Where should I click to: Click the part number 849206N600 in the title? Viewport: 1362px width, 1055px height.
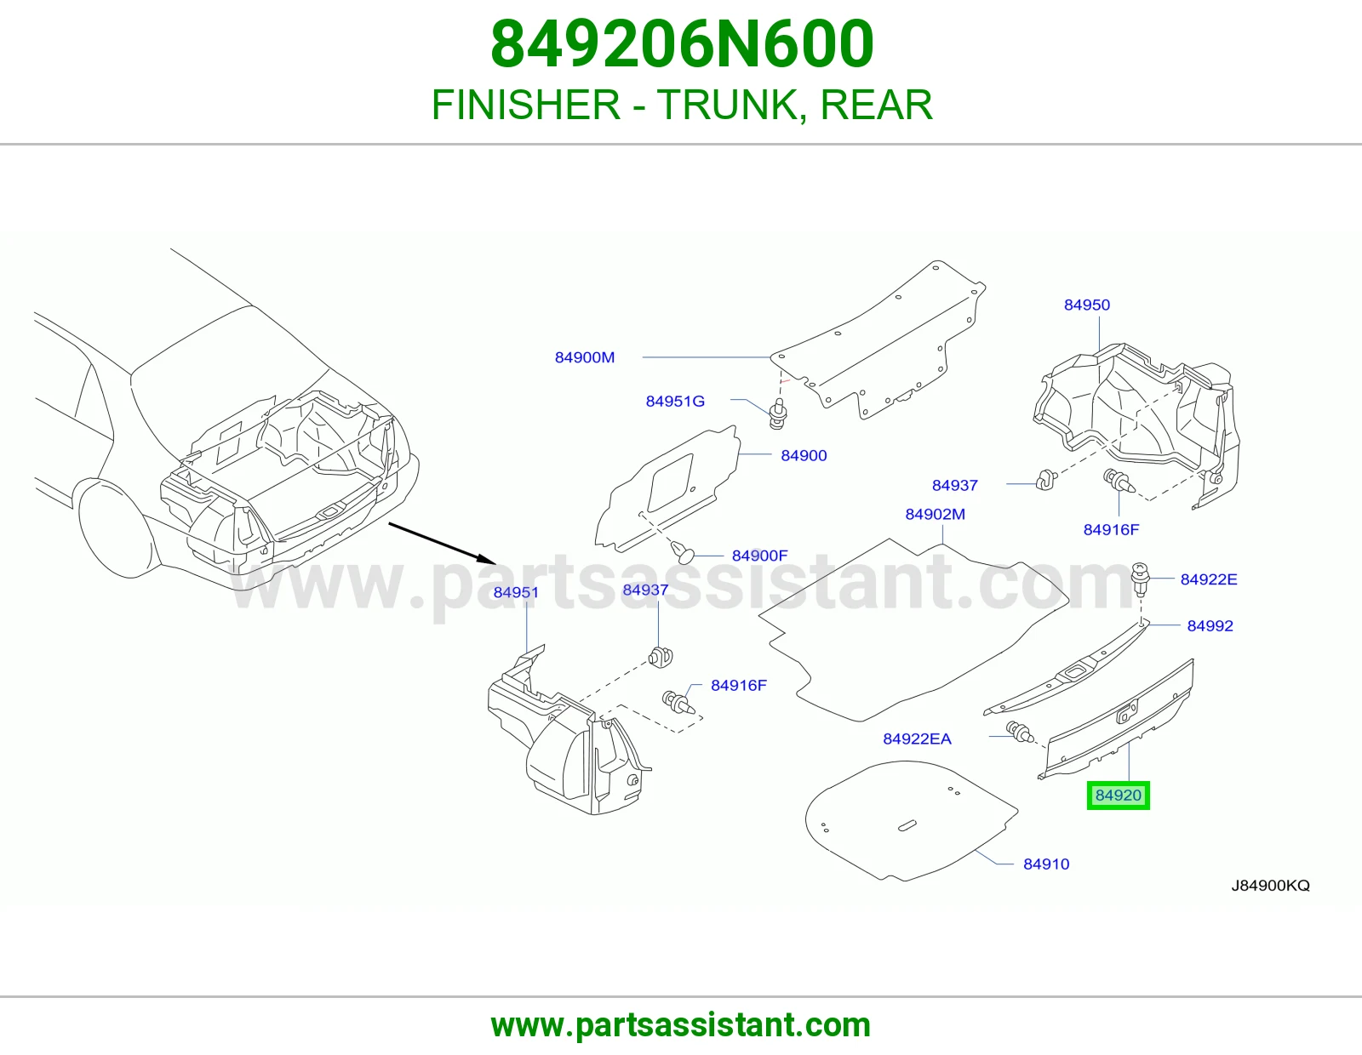point(682,44)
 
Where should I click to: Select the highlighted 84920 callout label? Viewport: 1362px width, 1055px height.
point(1119,795)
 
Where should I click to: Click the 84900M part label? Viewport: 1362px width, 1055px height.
point(584,357)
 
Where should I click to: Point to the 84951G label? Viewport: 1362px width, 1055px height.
point(675,401)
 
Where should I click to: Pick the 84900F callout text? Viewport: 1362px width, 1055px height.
point(759,555)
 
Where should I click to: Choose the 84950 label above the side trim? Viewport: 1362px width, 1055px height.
point(1087,305)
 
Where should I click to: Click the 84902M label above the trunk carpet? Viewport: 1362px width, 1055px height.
point(936,514)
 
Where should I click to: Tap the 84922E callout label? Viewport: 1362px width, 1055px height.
point(1209,579)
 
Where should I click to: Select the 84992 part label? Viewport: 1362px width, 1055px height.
point(1210,625)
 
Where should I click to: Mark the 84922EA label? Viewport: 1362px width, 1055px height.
point(917,738)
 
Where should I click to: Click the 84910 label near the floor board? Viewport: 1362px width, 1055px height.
point(1046,864)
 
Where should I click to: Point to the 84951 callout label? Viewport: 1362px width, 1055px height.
point(516,592)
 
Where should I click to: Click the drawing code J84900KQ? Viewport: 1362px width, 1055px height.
point(1270,885)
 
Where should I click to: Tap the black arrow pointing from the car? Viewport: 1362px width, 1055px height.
point(442,542)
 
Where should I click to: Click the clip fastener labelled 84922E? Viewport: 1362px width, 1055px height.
point(1140,579)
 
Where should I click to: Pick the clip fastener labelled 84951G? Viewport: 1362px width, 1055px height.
point(778,413)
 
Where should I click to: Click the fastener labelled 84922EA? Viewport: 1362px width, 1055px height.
point(1020,732)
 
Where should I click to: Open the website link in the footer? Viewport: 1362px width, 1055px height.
point(681,1025)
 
